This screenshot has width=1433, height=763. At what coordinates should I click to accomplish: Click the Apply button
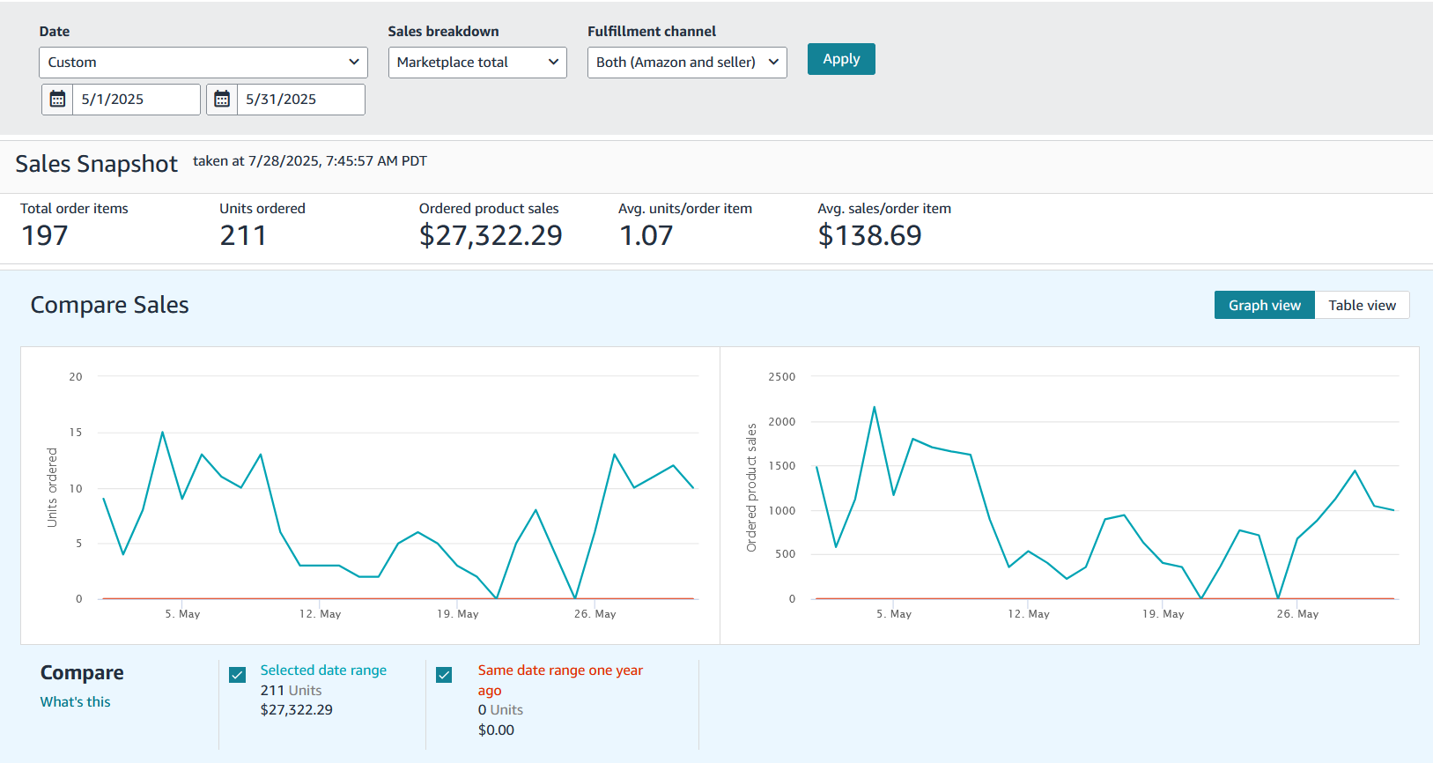point(840,59)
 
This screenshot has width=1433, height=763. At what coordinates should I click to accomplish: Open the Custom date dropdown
point(203,63)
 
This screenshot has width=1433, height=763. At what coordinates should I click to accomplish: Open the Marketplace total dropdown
point(476,63)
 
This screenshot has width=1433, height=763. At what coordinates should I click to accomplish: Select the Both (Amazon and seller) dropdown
point(686,63)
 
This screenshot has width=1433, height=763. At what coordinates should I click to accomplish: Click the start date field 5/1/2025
point(136,100)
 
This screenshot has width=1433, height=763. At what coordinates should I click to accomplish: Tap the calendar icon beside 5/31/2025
point(222,100)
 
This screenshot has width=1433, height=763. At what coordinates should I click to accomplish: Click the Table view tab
point(1361,305)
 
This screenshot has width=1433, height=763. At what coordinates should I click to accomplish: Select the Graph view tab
point(1264,305)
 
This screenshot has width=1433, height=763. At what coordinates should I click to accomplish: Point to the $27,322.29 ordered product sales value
point(490,235)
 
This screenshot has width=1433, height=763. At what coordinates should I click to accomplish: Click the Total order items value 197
point(45,235)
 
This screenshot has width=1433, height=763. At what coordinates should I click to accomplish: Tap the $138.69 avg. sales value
point(868,235)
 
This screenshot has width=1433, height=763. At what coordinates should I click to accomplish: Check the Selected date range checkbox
point(237,675)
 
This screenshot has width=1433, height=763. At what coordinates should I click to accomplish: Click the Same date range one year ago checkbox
point(444,675)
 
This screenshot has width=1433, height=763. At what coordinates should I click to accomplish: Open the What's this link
point(75,702)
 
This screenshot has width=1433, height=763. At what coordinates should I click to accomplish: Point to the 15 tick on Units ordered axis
point(76,433)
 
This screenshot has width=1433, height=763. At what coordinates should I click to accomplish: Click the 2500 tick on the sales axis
point(781,377)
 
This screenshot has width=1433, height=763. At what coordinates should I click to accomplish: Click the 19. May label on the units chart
point(457,614)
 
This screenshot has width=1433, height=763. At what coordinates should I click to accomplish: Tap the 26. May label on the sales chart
point(1296,614)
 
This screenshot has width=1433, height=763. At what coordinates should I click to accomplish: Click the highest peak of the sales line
point(874,407)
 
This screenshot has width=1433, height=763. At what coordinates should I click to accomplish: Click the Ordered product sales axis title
point(751,487)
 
